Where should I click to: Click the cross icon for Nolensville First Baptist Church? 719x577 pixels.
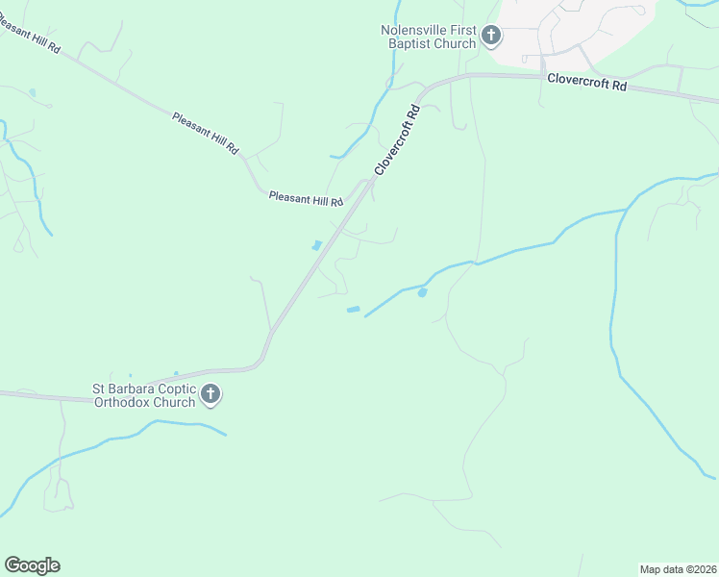coord(491,37)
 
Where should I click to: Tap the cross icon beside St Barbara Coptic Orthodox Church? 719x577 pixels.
coord(211,394)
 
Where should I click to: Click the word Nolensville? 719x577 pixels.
coord(414,30)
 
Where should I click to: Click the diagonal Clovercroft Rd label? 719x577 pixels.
coord(398,139)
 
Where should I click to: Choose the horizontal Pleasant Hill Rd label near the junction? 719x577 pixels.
coord(306,200)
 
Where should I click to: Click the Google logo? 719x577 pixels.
coord(32,565)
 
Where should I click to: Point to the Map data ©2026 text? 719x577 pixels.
coord(678,568)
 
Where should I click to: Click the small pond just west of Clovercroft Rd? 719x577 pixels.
coord(316,245)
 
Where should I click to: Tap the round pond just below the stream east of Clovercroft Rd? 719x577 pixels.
coord(422,292)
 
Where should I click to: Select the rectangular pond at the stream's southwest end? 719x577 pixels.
coord(352,309)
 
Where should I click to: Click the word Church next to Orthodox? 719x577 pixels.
coord(174,402)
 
